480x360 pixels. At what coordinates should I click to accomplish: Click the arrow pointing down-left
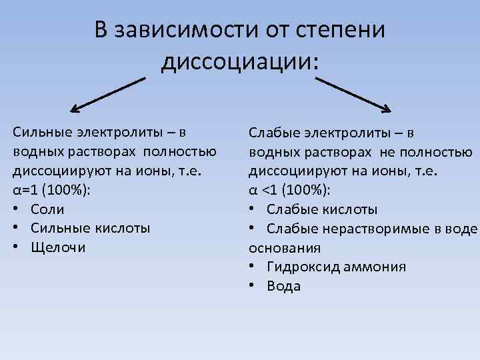coord(107,94)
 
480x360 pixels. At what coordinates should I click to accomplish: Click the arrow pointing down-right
coord(353,93)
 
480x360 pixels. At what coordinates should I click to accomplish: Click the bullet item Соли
coord(47,209)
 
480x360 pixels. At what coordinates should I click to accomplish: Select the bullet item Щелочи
coord(59,247)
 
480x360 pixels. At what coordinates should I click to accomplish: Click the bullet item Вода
coord(283,287)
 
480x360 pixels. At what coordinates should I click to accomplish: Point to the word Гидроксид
coord(304,267)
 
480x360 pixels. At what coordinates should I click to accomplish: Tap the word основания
coord(285,247)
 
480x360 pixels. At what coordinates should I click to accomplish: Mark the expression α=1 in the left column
coord(25,189)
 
